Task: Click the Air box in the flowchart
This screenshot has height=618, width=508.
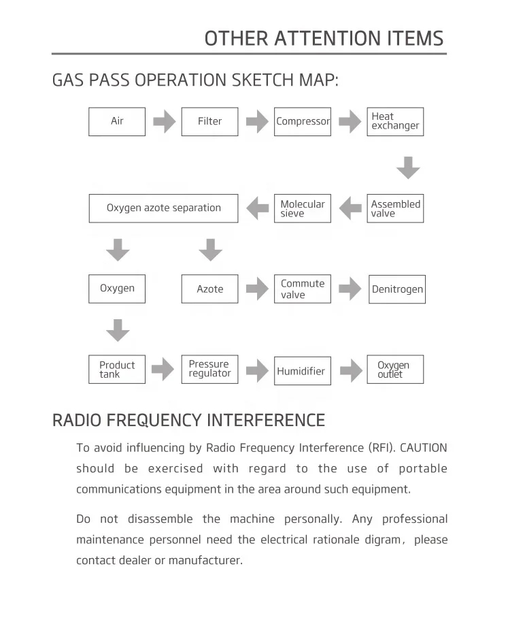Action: (x=117, y=122)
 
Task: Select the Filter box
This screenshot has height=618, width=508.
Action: (x=209, y=122)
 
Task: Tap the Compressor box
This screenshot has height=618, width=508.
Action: (x=303, y=122)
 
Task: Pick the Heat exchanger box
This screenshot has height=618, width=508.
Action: (x=395, y=122)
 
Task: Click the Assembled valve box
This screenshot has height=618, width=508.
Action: (x=395, y=208)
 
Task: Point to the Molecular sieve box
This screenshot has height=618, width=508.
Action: (x=303, y=208)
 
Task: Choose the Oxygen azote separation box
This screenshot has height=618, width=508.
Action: (x=164, y=208)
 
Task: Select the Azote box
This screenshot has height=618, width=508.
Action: (x=209, y=289)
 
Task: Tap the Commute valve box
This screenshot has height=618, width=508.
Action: (x=303, y=289)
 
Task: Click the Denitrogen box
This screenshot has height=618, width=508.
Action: (x=397, y=289)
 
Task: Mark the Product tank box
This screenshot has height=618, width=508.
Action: (x=117, y=370)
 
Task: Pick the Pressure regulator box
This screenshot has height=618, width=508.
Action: (x=209, y=370)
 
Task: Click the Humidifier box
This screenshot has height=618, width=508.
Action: (x=303, y=371)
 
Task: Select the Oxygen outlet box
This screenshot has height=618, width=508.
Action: (x=395, y=370)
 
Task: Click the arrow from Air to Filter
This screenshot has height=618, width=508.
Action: (x=164, y=123)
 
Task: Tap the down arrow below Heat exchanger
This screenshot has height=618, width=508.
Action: (x=408, y=167)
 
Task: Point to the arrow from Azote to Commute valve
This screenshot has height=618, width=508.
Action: (x=257, y=289)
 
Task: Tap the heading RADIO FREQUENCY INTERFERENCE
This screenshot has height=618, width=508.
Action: (x=188, y=420)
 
